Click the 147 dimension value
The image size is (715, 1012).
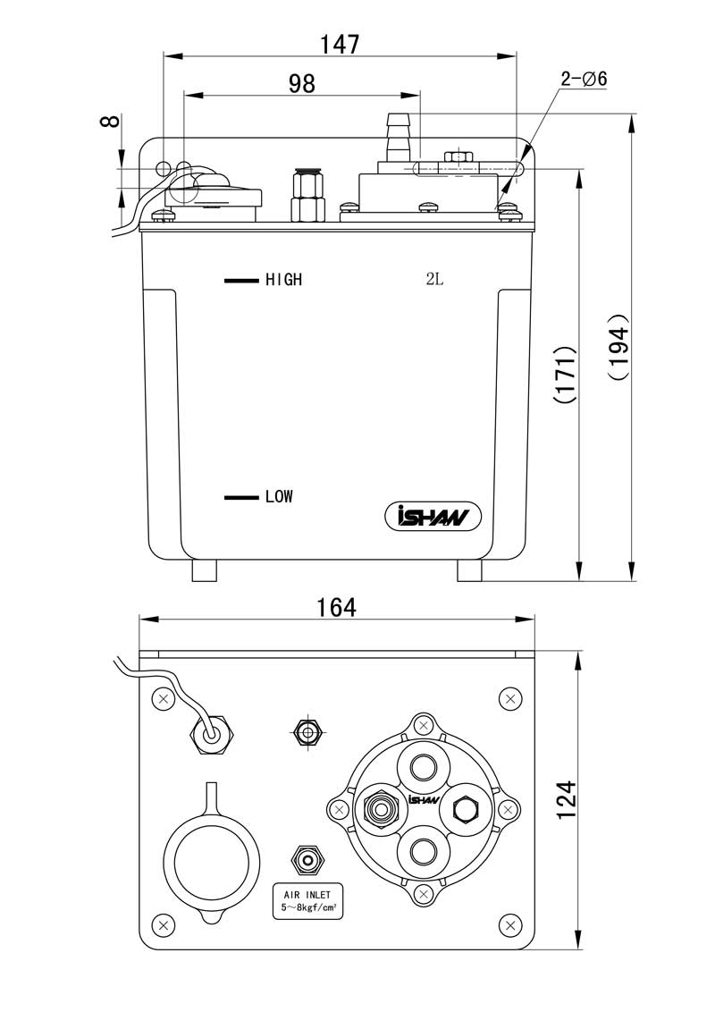340,44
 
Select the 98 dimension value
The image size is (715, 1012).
301,83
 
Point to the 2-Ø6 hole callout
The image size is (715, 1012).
584,79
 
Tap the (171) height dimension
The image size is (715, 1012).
565,374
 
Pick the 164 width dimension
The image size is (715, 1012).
336,607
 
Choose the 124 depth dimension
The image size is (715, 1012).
566,800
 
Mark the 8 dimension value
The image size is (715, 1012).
111,121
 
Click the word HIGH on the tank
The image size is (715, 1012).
283,280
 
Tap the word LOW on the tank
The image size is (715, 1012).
279,496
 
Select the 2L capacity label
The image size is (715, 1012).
435,279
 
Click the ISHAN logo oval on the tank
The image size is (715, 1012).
433,517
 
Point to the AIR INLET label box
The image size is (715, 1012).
307,902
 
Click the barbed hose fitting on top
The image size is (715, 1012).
396,138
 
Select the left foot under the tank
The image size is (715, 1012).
205,570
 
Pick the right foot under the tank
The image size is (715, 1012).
469,570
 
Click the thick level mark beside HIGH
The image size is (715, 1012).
241,280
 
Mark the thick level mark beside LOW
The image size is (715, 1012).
241,498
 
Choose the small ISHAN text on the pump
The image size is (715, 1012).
424,799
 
